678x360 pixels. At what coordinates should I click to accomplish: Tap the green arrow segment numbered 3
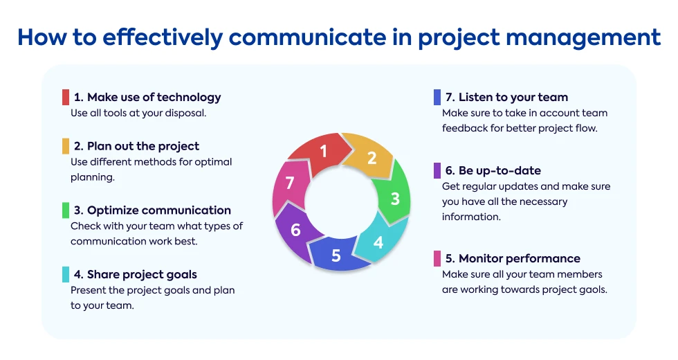394,197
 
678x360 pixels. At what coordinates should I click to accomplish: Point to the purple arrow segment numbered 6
296,230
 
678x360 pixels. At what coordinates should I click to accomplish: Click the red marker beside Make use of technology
66,98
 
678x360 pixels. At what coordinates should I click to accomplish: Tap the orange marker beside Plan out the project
66,146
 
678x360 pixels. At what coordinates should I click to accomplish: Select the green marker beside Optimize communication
66,210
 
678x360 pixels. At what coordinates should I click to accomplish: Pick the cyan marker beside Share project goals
66,274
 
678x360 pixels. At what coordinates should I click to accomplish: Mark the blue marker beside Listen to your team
437,98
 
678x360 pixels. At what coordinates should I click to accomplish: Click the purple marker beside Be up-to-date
437,170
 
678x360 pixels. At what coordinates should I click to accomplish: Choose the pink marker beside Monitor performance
437,258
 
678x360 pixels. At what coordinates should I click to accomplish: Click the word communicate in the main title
307,37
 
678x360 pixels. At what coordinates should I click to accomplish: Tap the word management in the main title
583,37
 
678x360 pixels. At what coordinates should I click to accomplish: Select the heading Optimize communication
159,210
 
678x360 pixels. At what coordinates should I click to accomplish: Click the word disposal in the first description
186,113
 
